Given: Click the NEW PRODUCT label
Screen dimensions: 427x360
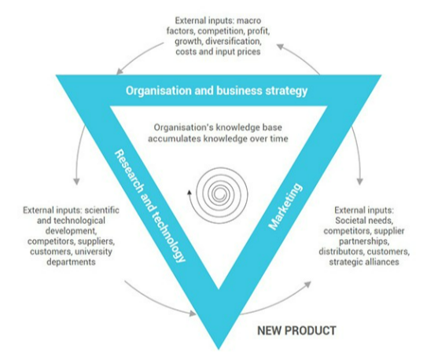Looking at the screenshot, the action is pyautogui.click(x=296, y=330).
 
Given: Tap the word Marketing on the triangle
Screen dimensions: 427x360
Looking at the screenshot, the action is pyautogui.click(x=285, y=207).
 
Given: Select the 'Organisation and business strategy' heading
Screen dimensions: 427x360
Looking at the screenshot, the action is pyautogui.click(x=216, y=90).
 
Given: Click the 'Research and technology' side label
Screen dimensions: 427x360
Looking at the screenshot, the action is pyautogui.click(x=150, y=206).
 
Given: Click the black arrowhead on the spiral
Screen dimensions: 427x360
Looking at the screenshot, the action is pyautogui.click(x=189, y=193).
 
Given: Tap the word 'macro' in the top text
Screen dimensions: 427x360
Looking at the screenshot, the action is pyautogui.click(x=248, y=20).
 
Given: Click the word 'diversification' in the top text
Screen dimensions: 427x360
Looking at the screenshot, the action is pyautogui.click(x=234, y=42).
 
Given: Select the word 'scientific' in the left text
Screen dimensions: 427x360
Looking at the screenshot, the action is pyautogui.click(x=102, y=210).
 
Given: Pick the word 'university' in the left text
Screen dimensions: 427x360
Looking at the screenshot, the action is pyautogui.click(x=94, y=252).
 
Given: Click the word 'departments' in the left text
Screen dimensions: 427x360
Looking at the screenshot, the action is pyautogui.click(x=71, y=262).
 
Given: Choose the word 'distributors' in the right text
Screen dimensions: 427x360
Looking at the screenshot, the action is pyautogui.click(x=341, y=252).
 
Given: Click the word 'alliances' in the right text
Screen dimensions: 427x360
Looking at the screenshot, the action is pyautogui.click(x=382, y=262).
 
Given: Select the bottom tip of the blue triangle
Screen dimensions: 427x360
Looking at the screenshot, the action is pyautogui.click(x=219, y=349).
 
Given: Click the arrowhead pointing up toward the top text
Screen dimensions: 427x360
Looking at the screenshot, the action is pyautogui.click(x=280, y=46).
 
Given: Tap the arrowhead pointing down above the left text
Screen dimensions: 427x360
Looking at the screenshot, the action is pyautogui.click(x=77, y=182).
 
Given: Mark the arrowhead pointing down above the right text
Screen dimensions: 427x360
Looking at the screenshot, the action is pyautogui.click(x=359, y=182).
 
